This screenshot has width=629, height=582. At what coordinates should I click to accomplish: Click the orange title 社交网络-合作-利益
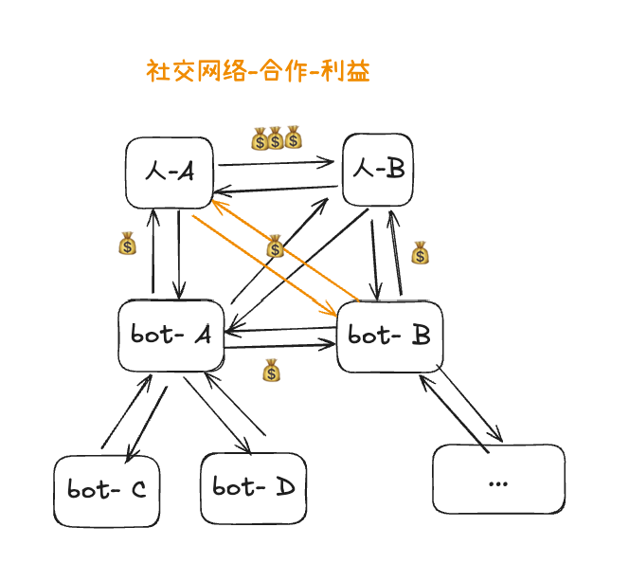coord(258,72)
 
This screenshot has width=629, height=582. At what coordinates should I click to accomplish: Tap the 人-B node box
coord(379,169)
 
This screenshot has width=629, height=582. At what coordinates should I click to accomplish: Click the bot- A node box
coord(171,335)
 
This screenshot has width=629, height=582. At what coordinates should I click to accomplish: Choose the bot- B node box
coord(390,336)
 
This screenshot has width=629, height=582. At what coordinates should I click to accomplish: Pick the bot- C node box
coord(105,489)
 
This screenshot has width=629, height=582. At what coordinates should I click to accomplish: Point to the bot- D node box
coord(252,487)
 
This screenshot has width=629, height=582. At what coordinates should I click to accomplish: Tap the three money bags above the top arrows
coord(276,138)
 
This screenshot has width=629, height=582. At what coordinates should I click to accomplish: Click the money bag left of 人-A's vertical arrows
coord(127,245)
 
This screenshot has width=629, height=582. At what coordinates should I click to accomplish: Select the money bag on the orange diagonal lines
coord(275,247)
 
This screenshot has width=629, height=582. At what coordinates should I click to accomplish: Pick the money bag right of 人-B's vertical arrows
coord(420,253)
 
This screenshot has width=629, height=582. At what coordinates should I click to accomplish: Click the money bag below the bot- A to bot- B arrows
coord(272,371)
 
